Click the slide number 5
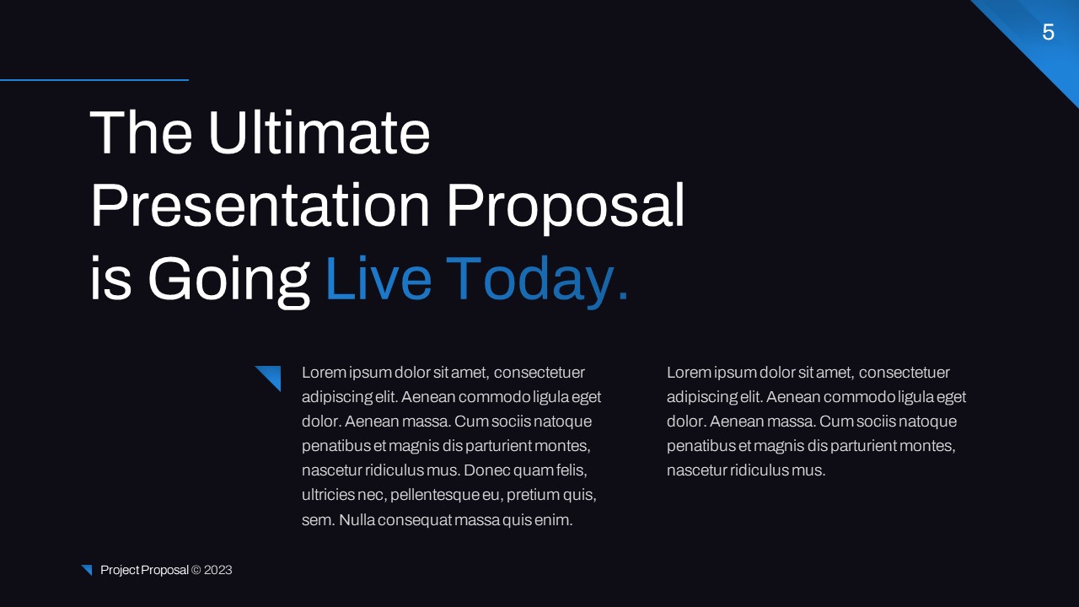[x=1048, y=33]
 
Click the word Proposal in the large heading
[x=565, y=206]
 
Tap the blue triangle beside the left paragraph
[x=271, y=376]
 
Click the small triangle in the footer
[x=87, y=570]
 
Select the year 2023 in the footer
[x=217, y=570]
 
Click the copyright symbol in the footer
[x=196, y=570]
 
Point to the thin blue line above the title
[x=94, y=80]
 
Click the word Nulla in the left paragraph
[x=357, y=520]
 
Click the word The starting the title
[x=141, y=133]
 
